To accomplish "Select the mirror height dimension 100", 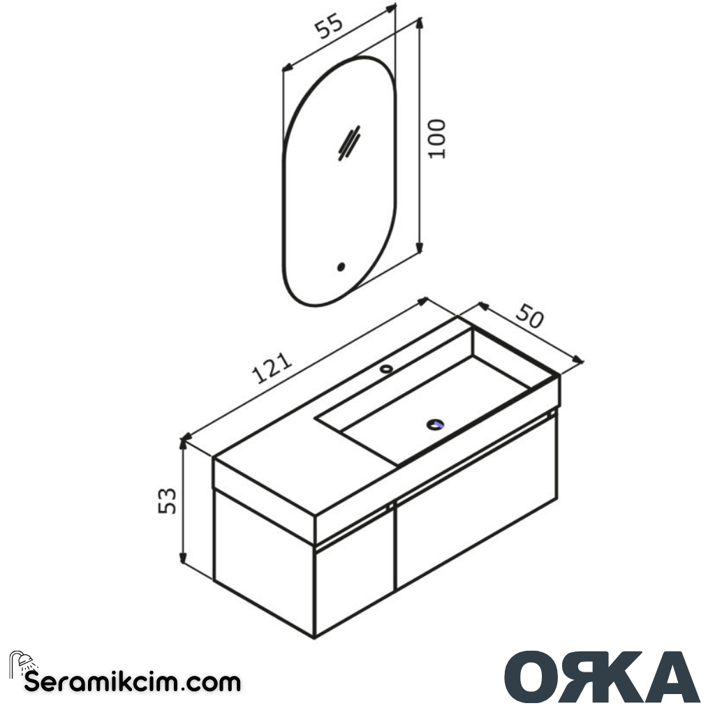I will pos(437,138).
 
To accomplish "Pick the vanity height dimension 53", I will pos(167,500).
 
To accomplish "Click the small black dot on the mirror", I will pos(341,267).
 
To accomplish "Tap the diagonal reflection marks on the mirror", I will pos(348,143).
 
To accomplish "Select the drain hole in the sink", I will pos(436,424).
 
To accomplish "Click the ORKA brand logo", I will pos(601,677).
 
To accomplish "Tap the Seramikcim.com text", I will pos(133,681).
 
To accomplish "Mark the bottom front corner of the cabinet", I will pos(314,636).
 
